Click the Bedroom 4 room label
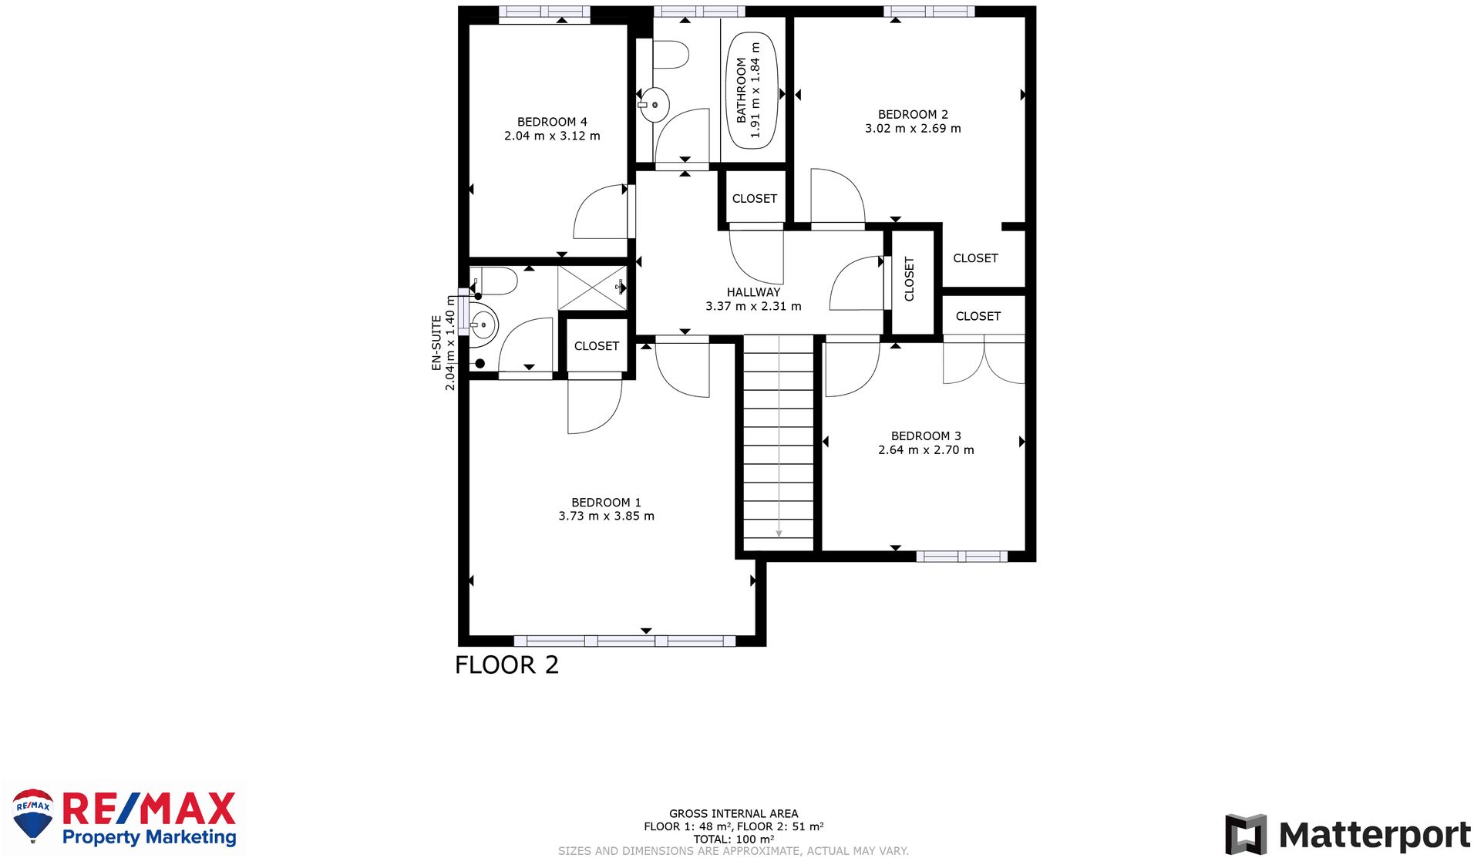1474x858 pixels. [x=552, y=122]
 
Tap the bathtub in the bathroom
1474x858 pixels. [x=752, y=90]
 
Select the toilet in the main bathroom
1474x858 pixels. [x=669, y=55]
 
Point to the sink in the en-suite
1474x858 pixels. [x=483, y=325]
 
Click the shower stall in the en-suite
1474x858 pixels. [x=592, y=288]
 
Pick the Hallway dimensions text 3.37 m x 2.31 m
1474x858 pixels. [x=753, y=306]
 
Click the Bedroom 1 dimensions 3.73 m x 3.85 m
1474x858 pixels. [x=606, y=516]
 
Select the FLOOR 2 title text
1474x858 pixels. [x=506, y=665]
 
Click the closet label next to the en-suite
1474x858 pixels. [x=597, y=346]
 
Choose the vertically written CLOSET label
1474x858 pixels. [x=909, y=279]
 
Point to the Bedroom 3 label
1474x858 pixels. [x=926, y=436]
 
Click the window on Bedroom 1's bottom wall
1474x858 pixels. [x=624, y=641]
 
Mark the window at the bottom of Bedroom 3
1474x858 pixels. [x=961, y=557]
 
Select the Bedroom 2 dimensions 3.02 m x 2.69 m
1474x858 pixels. [x=913, y=129]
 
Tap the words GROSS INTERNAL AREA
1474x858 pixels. [x=733, y=813]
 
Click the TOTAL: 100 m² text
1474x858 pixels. [x=733, y=839]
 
